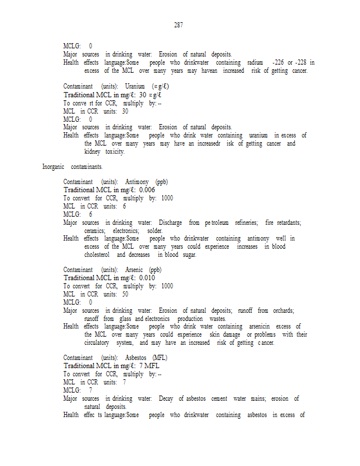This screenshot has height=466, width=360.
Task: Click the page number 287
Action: (x=179, y=25)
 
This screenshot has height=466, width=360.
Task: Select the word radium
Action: (x=255, y=62)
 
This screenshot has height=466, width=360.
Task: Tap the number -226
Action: (x=278, y=62)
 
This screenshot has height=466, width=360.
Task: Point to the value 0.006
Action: (x=147, y=189)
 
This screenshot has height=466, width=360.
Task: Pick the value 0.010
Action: (x=147, y=278)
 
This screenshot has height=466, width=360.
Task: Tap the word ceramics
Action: (x=95, y=231)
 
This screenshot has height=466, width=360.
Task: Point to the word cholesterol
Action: (x=97, y=255)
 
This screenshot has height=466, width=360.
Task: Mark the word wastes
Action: (x=217, y=319)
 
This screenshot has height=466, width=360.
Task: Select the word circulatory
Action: (x=97, y=343)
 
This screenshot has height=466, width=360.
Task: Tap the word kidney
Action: (x=92, y=151)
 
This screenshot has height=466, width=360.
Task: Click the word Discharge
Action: (x=170, y=223)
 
